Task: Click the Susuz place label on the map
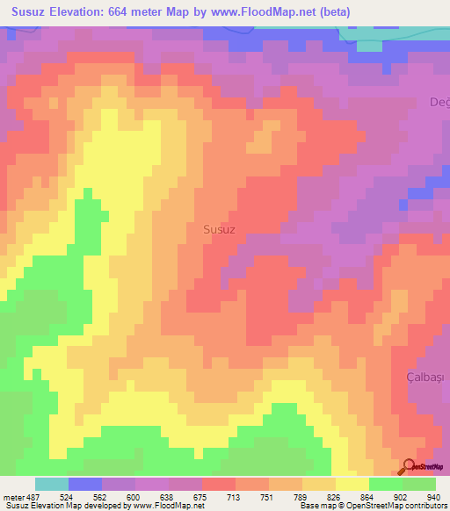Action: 219,229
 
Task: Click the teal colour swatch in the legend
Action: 52,484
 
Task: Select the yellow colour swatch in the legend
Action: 352,484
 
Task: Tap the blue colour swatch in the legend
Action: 85,484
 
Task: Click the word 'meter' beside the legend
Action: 14,496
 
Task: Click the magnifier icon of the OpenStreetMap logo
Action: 408,466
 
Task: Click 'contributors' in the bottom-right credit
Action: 424,507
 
